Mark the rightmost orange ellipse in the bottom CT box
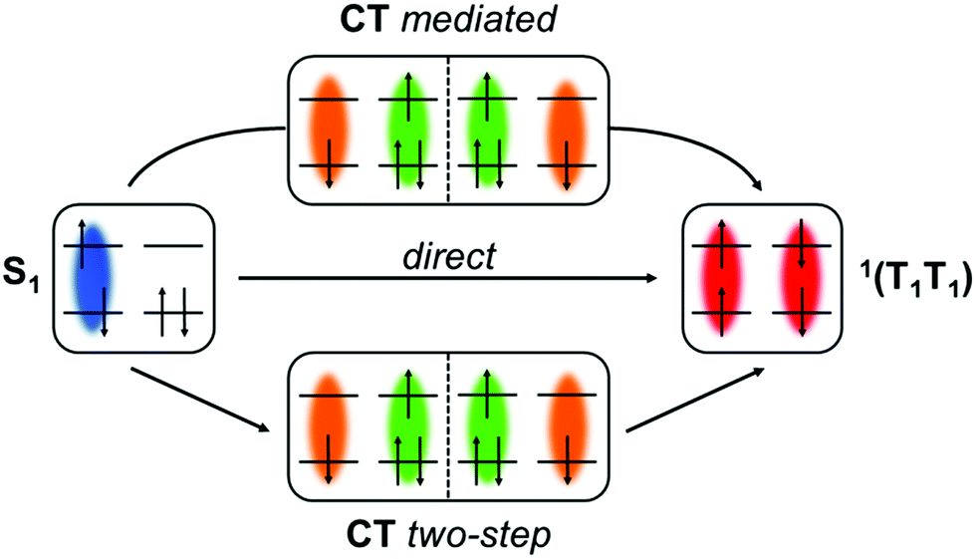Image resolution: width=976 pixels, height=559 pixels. pos(567,428)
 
